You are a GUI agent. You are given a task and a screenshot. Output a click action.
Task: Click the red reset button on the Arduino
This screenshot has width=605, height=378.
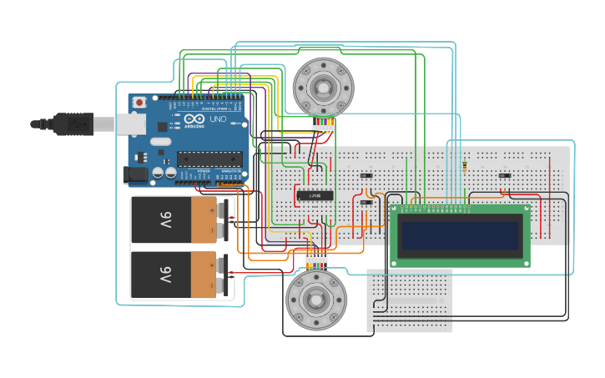pos(139,102)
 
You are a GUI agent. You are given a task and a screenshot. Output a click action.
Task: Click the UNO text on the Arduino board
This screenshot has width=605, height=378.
pos(217,120)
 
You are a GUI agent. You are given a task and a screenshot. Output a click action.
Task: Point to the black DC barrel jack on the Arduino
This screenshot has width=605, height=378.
pos(134,174)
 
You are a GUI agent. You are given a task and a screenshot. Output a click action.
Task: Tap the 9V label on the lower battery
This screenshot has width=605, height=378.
pos(165,275)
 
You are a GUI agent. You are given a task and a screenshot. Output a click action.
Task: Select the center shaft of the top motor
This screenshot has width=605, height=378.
pos(323,87)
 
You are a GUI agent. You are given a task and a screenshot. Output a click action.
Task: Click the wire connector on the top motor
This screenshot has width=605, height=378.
pos(324,125)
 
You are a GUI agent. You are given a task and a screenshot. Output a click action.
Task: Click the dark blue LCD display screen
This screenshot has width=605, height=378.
pos(460,236)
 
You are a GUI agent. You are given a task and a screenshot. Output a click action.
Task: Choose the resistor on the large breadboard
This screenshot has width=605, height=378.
pos(464,169)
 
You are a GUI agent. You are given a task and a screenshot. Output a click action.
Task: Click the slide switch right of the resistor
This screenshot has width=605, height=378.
pos(504,175)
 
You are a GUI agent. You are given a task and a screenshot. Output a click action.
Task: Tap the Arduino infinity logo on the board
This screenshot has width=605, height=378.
pos(197,120)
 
